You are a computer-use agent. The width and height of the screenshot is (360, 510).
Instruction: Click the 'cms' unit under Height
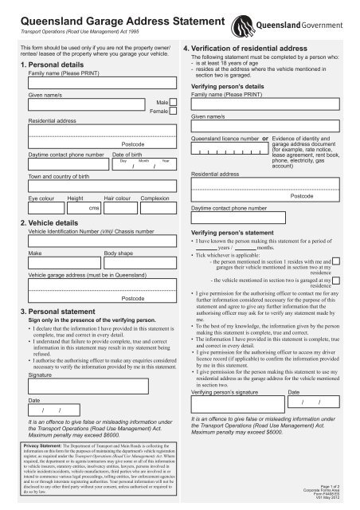pos(93,207)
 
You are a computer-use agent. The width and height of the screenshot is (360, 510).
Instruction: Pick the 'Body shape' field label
pos(119,251)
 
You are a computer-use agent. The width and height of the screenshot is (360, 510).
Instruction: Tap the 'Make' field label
pos(35,251)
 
